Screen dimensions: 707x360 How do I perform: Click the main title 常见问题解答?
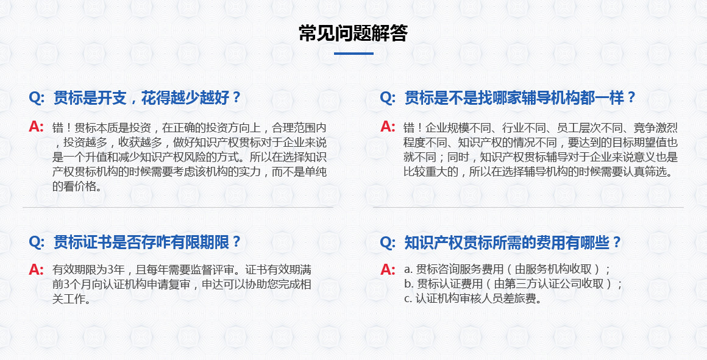(x=353, y=34)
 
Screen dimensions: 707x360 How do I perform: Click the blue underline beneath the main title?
(x=353, y=54)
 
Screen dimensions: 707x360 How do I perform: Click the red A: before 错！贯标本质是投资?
(x=36, y=127)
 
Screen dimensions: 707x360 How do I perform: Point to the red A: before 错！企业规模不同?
(x=388, y=127)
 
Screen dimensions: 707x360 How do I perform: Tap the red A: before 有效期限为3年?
(x=36, y=269)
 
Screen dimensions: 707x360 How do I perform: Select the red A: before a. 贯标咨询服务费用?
(x=388, y=269)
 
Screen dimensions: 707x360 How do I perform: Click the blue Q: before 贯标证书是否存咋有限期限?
(x=37, y=242)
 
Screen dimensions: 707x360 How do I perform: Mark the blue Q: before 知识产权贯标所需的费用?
(x=388, y=242)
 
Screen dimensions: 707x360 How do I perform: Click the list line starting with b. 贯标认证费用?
(x=513, y=284)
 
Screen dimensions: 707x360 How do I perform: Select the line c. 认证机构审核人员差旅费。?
(x=472, y=298)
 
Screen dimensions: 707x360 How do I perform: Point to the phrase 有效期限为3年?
(x=88, y=269)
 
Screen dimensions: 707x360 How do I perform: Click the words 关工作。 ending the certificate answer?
(x=71, y=298)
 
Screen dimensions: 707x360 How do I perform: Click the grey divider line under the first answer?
(x=178, y=207)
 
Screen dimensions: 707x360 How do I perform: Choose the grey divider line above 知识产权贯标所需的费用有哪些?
(x=528, y=207)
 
